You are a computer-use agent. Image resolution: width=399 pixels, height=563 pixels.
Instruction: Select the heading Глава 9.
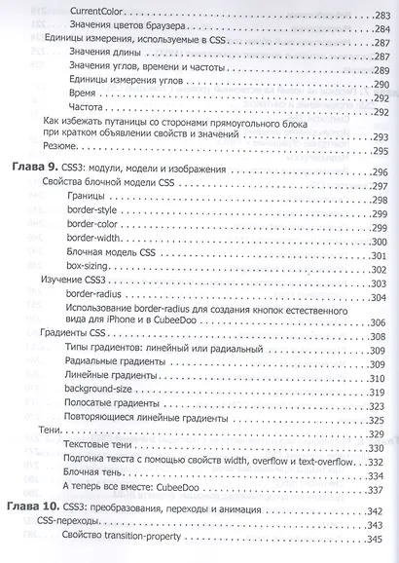pos(32,169)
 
